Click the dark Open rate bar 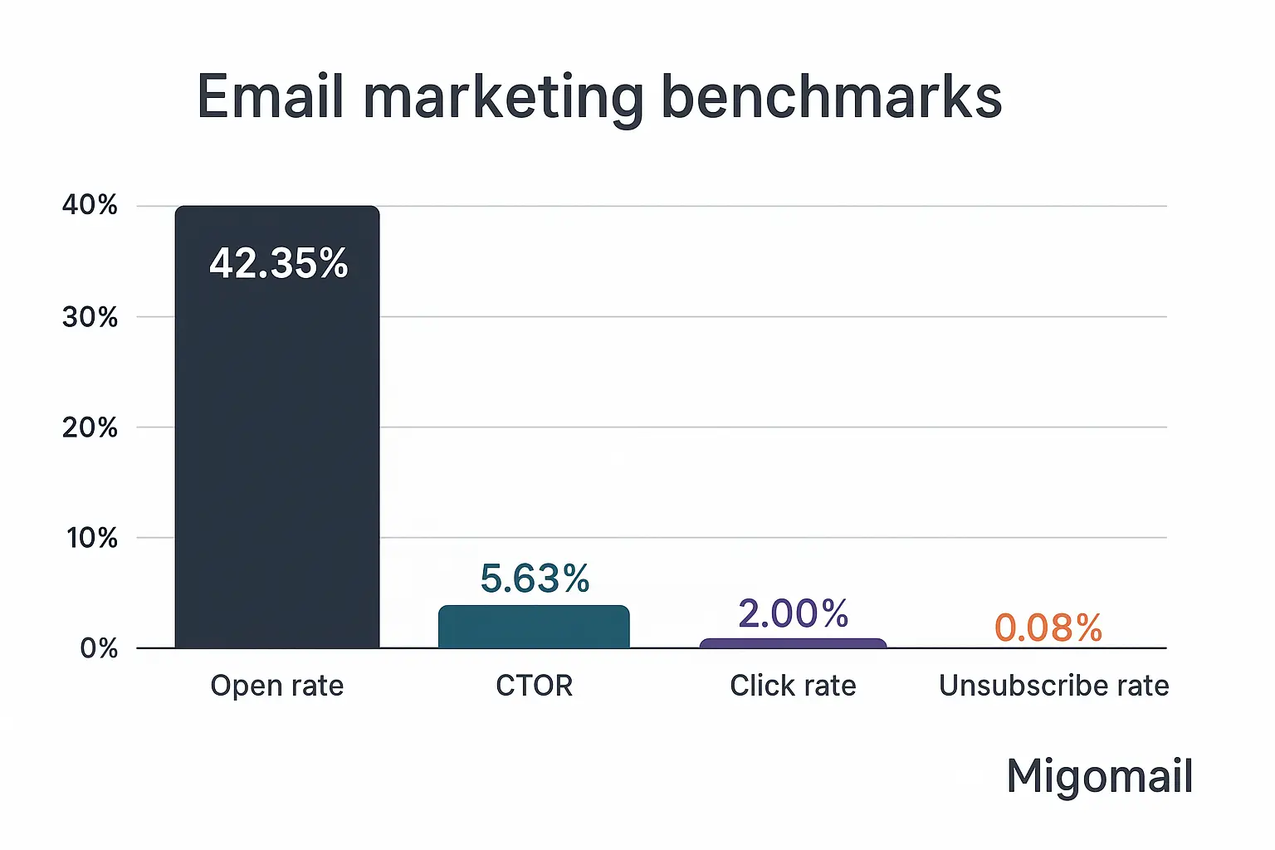[276, 448]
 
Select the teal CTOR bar [534, 628]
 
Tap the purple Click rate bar [793, 643]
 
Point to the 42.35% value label [279, 263]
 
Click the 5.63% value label [535, 579]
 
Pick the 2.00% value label [793, 614]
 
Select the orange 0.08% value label [1048, 628]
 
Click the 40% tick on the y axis [90, 205]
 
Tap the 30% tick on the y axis [90, 317]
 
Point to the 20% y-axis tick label [90, 427]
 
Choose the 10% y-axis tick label [91, 538]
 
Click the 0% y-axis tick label [98, 648]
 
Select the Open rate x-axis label [276, 686]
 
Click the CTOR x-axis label [534, 686]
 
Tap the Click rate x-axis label [793, 686]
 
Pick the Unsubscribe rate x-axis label [1053, 686]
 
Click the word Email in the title [270, 97]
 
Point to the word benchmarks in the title [831, 97]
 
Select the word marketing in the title [503, 99]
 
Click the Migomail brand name [1099, 777]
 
